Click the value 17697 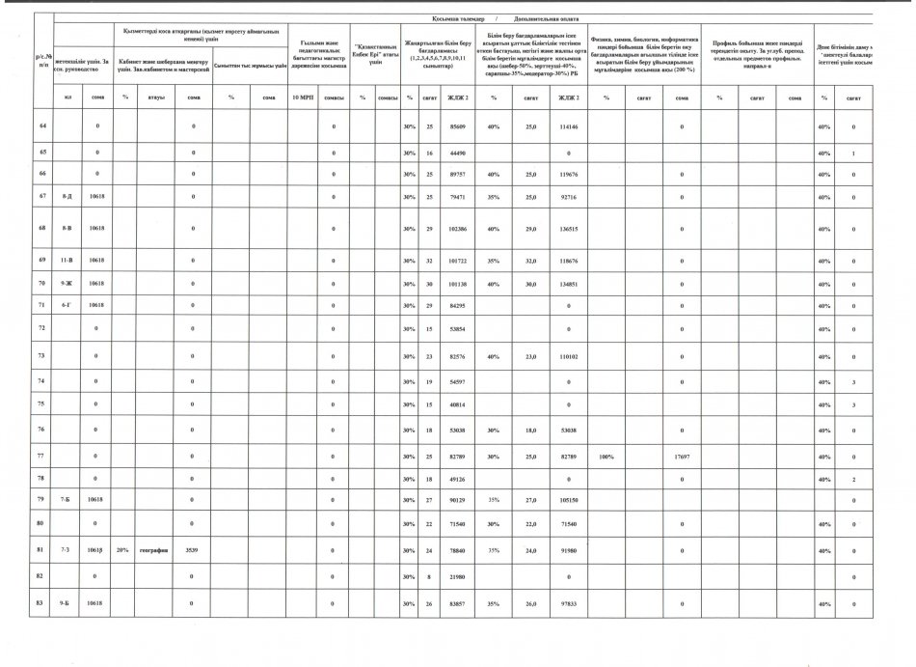(682, 455)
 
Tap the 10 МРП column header (300, 98)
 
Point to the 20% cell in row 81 (122, 551)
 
